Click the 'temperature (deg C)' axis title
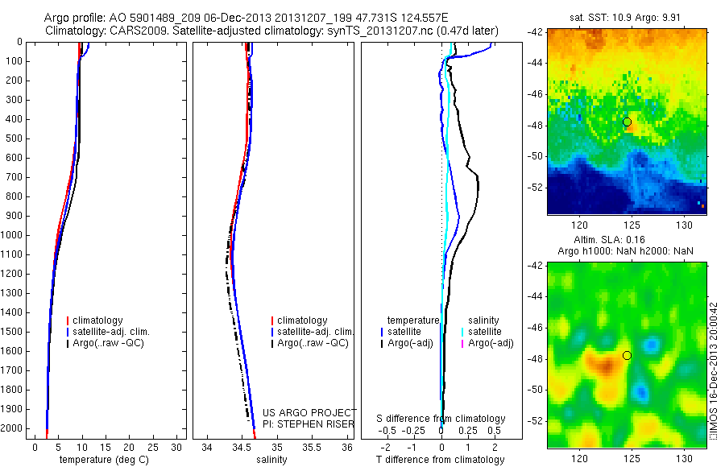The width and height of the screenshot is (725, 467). pos(101,460)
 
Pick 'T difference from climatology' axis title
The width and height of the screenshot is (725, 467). pos(440,460)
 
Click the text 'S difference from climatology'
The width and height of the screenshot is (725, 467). pos(441,419)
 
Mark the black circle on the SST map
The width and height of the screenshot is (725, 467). pos(627,122)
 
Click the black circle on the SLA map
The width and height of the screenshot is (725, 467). pos(627,355)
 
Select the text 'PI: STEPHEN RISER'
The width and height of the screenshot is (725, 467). pos(309,424)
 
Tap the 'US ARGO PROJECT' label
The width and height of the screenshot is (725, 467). pos(309,413)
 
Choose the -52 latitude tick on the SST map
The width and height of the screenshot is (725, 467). pos(536,187)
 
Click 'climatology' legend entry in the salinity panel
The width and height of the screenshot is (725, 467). pos(300,320)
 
